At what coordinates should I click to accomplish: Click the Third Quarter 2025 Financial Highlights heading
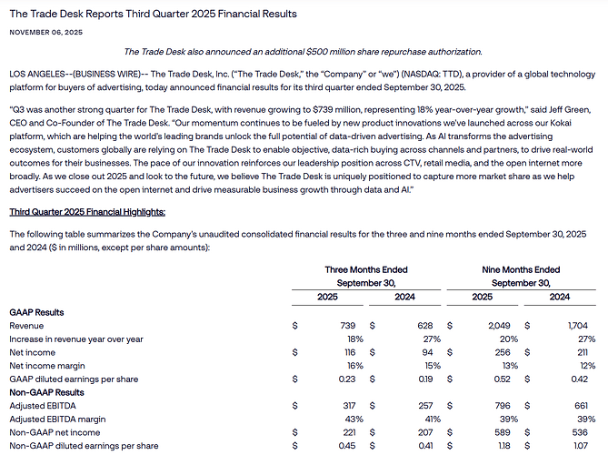87,212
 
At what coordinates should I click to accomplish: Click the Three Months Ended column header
366,269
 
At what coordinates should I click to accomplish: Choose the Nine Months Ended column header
522,269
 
